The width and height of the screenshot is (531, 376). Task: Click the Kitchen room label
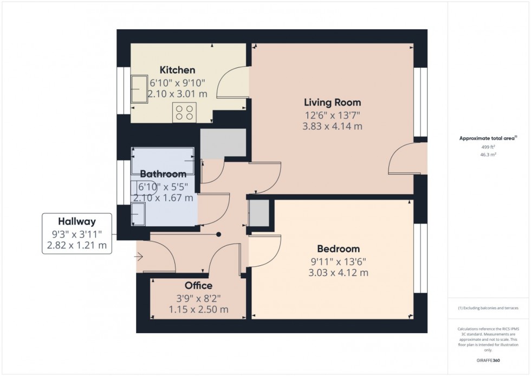[177, 70]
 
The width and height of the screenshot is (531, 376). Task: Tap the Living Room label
[332, 102]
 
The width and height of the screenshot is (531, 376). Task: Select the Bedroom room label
[338, 249]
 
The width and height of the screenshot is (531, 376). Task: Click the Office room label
[198, 285]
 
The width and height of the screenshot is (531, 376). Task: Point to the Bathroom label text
[163, 174]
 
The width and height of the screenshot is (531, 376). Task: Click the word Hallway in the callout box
[77, 221]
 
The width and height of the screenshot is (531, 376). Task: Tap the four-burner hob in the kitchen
[184, 112]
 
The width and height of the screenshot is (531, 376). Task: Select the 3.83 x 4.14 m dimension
[332, 126]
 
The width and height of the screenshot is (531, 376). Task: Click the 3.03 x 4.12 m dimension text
[338, 273]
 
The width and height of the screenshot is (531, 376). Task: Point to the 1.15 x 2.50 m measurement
[198, 309]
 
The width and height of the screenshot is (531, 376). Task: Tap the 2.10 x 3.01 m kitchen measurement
[177, 94]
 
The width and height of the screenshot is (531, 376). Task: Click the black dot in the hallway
[219, 235]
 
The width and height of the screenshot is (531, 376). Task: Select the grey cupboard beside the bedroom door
[258, 213]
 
